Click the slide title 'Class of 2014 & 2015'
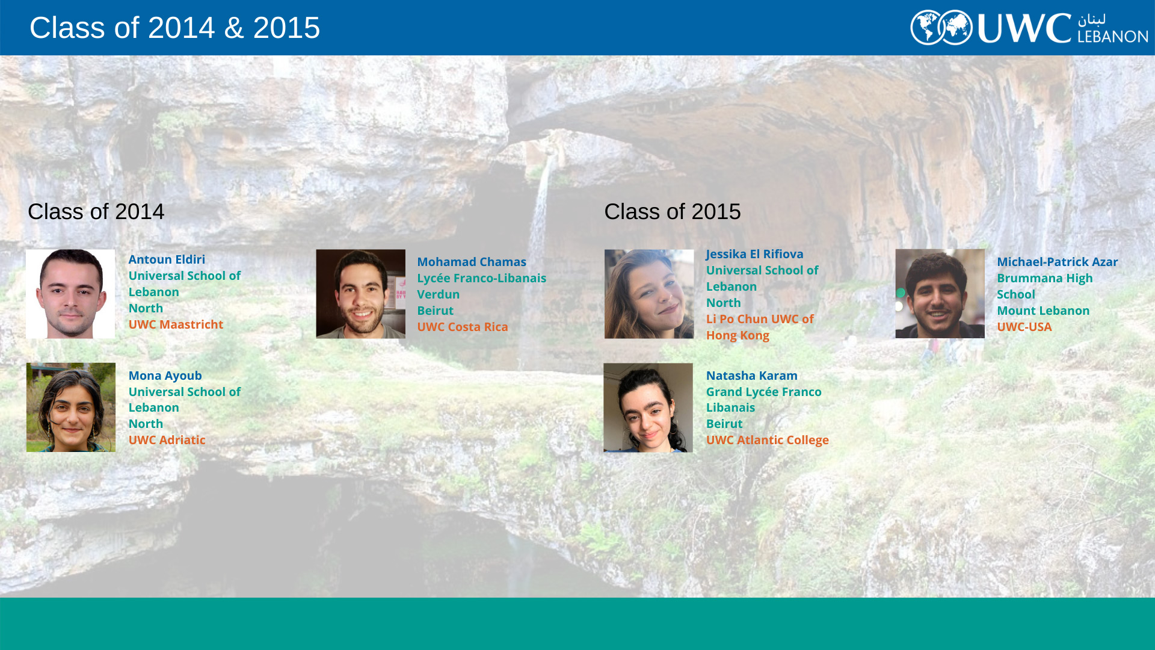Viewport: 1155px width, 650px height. point(174,28)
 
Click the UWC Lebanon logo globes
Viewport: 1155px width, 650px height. point(941,28)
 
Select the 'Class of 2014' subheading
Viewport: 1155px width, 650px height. point(96,212)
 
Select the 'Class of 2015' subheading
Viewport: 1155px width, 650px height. point(672,212)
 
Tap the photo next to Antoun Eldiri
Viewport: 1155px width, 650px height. point(70,294)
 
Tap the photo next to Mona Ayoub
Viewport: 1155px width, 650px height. point(71,407)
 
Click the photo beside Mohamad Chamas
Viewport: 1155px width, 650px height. point(361,294)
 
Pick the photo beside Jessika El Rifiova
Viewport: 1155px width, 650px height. point(649,294)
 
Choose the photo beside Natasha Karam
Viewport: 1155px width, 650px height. point(648,407)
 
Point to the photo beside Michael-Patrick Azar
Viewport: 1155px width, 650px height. point(940,294)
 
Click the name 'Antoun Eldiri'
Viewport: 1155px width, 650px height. point(167,259)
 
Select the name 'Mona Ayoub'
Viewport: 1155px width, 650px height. point(165,376)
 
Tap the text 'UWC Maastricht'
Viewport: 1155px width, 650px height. point(176,324)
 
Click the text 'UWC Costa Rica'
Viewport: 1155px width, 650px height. point(463,327)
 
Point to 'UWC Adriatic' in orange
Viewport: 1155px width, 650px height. point(167,440)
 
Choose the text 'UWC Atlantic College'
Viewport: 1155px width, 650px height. point(767,440)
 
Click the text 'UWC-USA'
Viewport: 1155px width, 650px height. point(1024,327)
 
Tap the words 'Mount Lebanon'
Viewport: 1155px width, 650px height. point(1043,311)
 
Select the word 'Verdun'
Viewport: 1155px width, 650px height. point(438,294)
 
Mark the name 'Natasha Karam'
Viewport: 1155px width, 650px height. point(751,376)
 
